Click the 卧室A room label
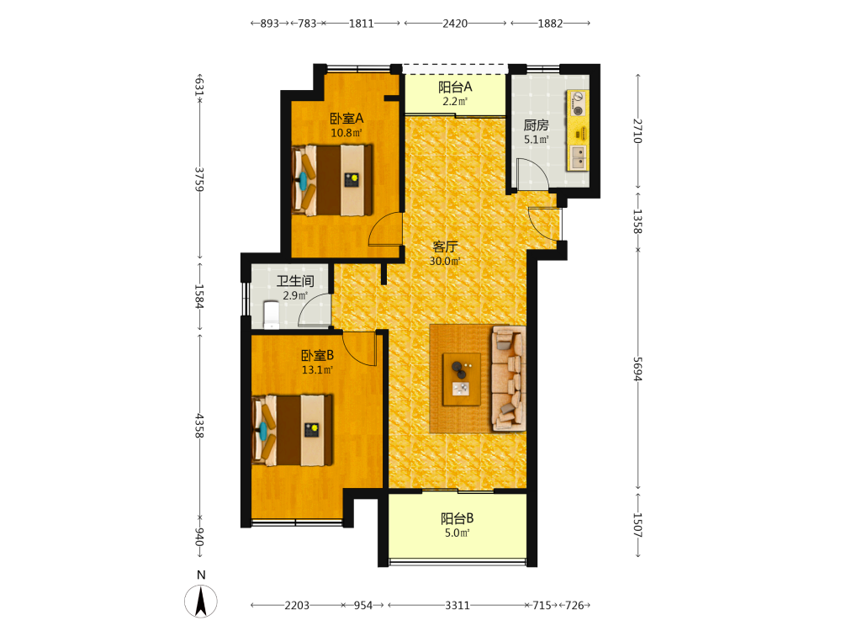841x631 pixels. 346,118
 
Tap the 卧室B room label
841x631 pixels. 318,355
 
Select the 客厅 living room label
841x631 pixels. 445,247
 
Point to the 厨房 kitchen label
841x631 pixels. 537,125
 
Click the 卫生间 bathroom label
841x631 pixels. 295,281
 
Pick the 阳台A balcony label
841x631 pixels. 455,87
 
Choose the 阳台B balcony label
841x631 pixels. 457,518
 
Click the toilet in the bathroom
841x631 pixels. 272,315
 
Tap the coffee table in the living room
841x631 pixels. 461,379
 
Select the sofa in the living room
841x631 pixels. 509,379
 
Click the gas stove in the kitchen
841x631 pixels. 578,103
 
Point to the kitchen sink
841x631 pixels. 579,158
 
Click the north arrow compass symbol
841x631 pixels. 201,601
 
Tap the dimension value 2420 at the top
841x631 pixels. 455,24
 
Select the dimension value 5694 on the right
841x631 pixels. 637,369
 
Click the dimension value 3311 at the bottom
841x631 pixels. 458,605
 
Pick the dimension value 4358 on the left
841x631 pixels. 199,425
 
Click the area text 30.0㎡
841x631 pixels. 445,262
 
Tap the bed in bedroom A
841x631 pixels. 332,180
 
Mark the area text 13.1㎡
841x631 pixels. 318,369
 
